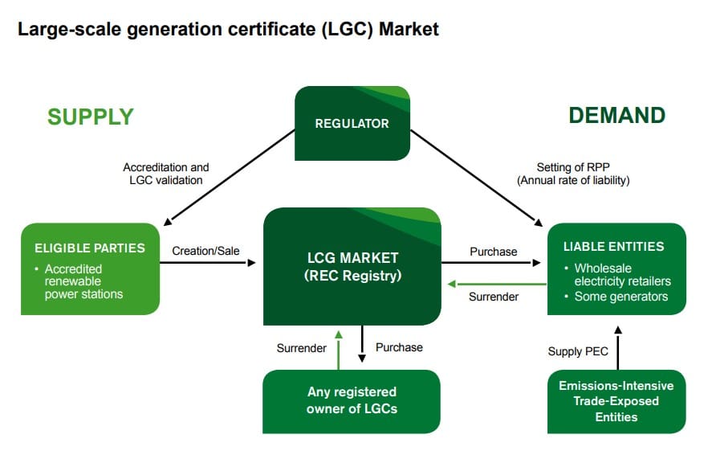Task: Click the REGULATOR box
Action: click(x=352, y=123)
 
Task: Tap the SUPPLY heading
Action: click(x=91, y=117)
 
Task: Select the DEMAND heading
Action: click(x=617, y=116)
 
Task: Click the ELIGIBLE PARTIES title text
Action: click(x=90, y=248)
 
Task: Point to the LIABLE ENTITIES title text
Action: click(x=613, y=247)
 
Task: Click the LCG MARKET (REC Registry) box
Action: click(x=352, y=266)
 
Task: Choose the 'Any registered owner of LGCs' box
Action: click(x=352, y=401)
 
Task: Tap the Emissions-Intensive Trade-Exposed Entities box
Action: click(x=616, y=401)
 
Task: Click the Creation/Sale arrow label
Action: click(x=205, y=251)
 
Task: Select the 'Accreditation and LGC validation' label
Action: click(x=166, y=174)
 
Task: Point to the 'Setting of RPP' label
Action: click(x=573, y=167)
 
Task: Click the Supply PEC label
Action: click(x=578, y=351)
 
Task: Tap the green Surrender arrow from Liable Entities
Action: click(x=497, y=284)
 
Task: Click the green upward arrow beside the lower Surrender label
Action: click(x=338, y=350)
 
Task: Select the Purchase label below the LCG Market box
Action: click(x=399, y=348)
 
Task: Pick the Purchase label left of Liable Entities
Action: click(x=494, y=252)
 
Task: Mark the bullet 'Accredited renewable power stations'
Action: click(x=79, y=281)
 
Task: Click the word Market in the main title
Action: click(x=409, y=29)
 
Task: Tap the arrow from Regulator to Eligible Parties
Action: click(x=230, y=178)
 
